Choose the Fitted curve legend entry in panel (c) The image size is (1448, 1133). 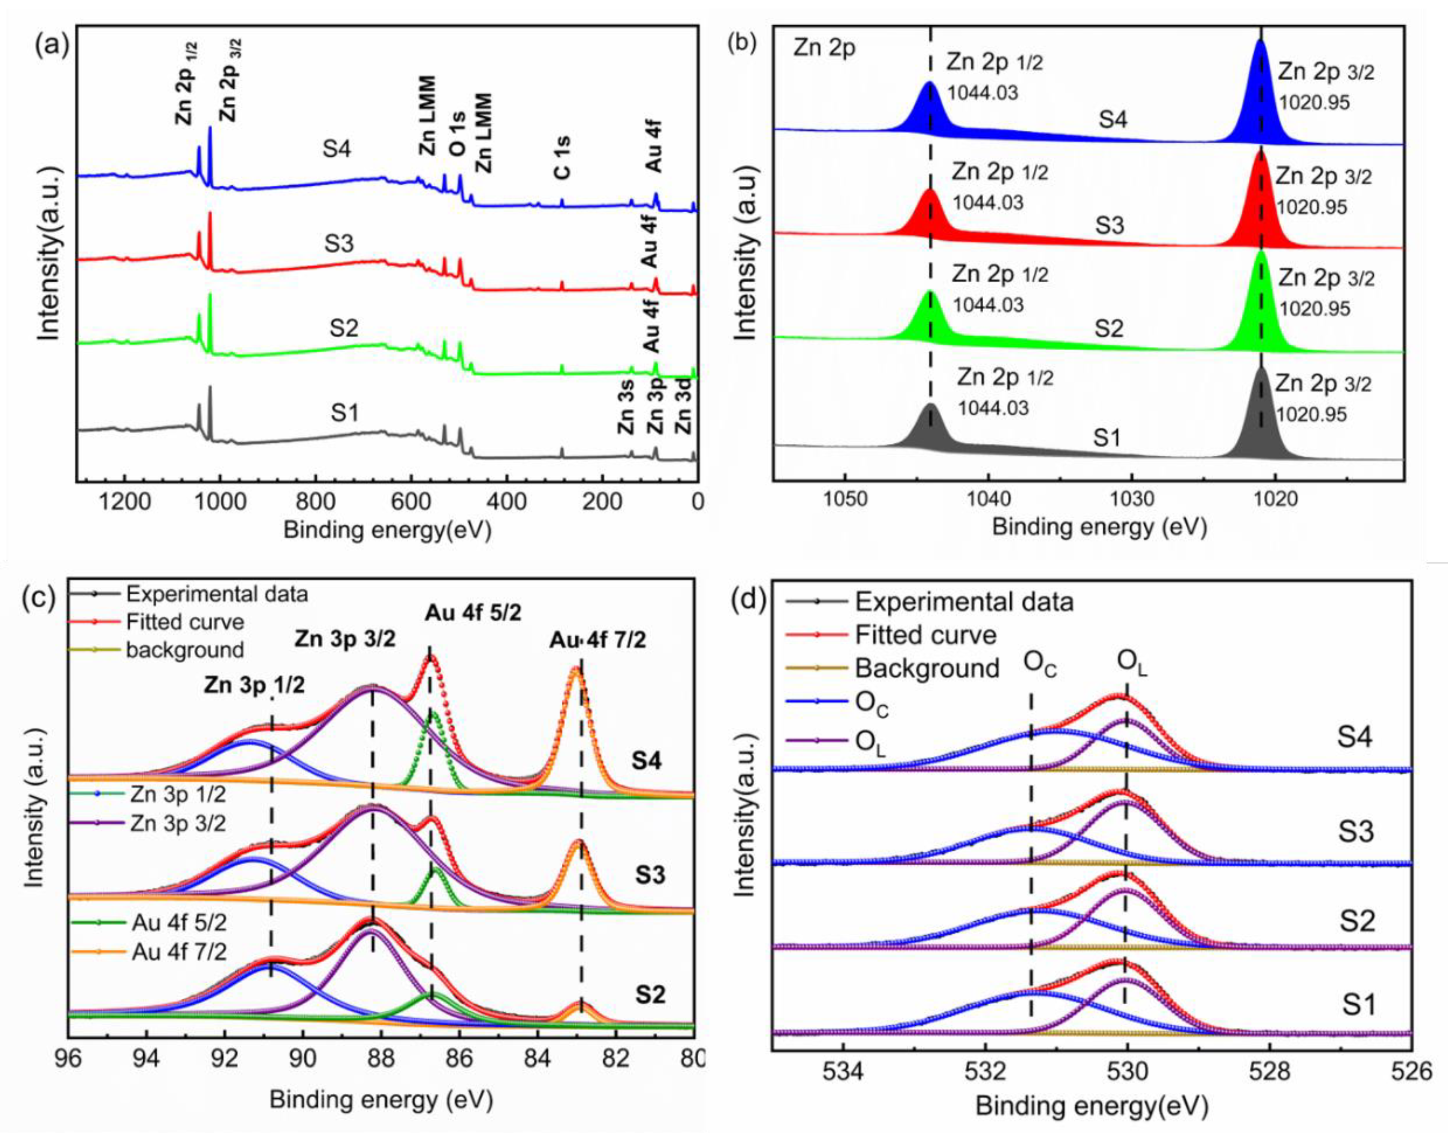(185, 622)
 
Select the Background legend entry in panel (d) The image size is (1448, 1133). (926, 668)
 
